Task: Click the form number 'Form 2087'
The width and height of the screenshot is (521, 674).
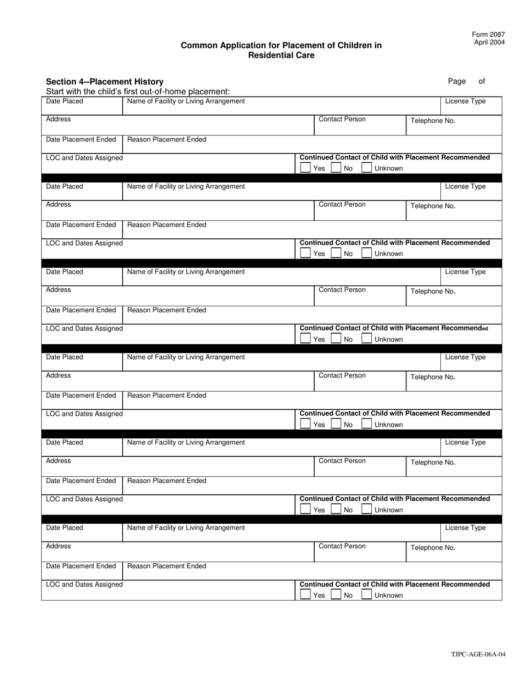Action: pyautogui.click(x=488, y=35)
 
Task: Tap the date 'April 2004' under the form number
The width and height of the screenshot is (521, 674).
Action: pyautogui.click(x=489, y=42)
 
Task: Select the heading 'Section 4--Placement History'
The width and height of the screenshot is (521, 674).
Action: pyautogui.click(x=105, y=82)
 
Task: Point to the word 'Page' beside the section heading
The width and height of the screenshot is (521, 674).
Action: pyautogui.click(x=456, y=81)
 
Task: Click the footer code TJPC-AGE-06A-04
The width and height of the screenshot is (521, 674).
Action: pyautogui.click(x=478, y=654)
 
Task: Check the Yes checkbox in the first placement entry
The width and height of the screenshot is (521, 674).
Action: pyautogui.click(x=305, y=168)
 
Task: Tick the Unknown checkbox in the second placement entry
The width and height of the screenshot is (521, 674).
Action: pyautogui.click(x=367, y=253)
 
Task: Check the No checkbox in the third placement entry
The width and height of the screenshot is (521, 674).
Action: pyautogui.click(x=336, y=339)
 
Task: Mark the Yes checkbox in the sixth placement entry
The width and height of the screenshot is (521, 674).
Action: pyautogui.click(x=305, y=595)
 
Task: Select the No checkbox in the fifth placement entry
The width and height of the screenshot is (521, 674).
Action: pyautogui.click(x=336, y=510)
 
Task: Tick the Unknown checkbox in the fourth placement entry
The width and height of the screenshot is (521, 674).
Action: pyautogui.click(x=367, y=424)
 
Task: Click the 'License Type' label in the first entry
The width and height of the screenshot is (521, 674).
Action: pyautogui.click(x=465, y=101)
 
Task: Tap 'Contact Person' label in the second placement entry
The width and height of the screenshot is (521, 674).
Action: pyautogui.click(x=342, y=204)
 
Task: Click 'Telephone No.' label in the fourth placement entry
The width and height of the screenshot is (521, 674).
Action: pyautogui.click(x=433, y=377)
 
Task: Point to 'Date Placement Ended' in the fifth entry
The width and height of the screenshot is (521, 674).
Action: pyautogui.click(x=81, y=481)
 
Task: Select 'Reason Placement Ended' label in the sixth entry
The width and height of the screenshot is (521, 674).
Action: pyautogui.click(x=167, y=566)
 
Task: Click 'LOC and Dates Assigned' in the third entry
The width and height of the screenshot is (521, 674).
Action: pyautogui.click(x=84, y=328)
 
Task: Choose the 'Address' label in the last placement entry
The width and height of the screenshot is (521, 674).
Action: pyautogui.click(x=58, y=546)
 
